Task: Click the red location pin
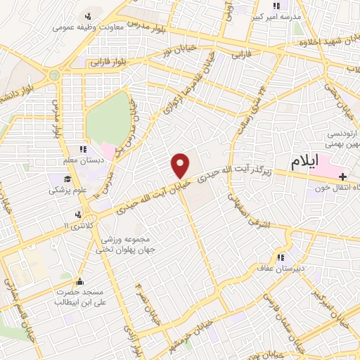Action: tap(181, 165)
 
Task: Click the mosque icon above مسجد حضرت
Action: tap(79, 278)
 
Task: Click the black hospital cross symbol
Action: tap(342, 175)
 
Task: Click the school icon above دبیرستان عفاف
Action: tap(283, 257)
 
